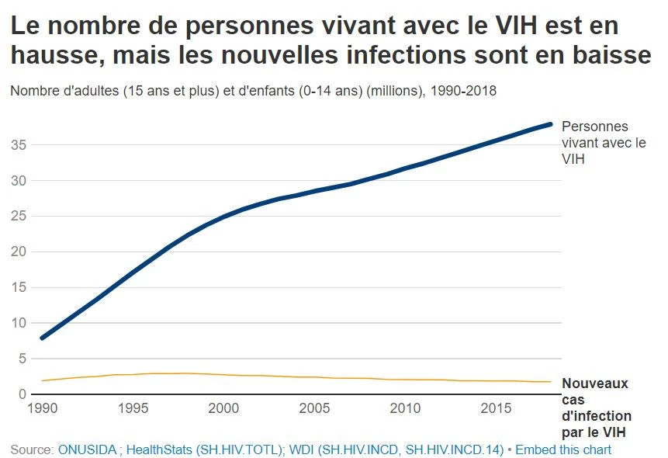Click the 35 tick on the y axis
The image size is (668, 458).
pyautogui.click(x=19, y=145)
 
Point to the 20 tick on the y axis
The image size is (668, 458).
pyautogui.click(x=19, y=252)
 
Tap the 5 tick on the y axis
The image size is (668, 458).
pyautogui.click(x=22, y=359)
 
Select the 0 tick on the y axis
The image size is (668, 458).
pyautogui.click(x=22, y=394)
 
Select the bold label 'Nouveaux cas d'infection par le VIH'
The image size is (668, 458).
pyautogui.click(x=595, y=408)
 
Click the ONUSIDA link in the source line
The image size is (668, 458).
pyautogui.click(x=87, y=449)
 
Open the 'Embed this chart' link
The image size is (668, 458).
pyautogui.click(x=563, y=449)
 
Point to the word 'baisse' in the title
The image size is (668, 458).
pyautogui.click(x=612, y=56)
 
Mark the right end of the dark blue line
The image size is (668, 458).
pyautogui.click(x=550, y=124)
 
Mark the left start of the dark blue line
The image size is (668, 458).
pyautogui.click(x=42, y=338)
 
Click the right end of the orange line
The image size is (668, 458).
pyautogui.click(x=551, y=382)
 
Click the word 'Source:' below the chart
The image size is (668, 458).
pyautogui.click(x=32, y=449)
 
